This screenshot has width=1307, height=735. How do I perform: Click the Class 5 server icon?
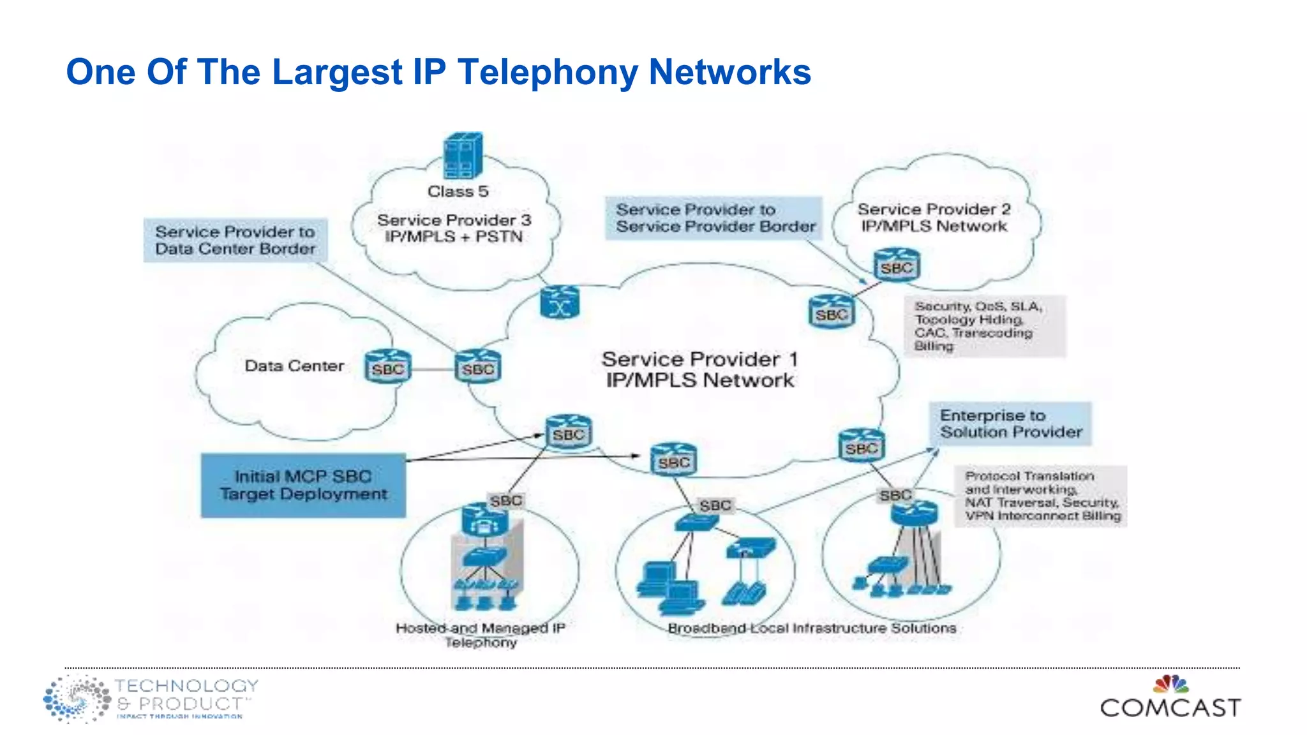pos(463,156)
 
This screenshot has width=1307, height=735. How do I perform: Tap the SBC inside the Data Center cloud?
pos(388,367)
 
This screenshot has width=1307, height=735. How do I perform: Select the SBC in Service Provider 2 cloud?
pos(897,265)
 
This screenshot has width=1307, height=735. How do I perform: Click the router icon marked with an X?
pos(560,302)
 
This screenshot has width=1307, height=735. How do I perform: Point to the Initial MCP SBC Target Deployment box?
pos(303,486)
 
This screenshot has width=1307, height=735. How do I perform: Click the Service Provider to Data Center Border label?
pos(235,241)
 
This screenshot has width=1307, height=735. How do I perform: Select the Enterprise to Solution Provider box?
pos(1010,424)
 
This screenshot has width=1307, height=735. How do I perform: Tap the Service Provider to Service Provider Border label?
pos(714,218)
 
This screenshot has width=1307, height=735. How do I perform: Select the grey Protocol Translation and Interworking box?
pos(1041,496)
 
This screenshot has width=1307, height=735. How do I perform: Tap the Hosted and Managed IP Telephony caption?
pos(481,635)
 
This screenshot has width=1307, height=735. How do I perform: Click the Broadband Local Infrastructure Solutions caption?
pos(812,628)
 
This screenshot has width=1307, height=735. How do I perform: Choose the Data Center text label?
pos(294,366)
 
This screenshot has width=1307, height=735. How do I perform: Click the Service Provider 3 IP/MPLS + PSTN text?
pos(454,228)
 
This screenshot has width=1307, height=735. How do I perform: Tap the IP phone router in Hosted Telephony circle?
pos(485,520)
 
